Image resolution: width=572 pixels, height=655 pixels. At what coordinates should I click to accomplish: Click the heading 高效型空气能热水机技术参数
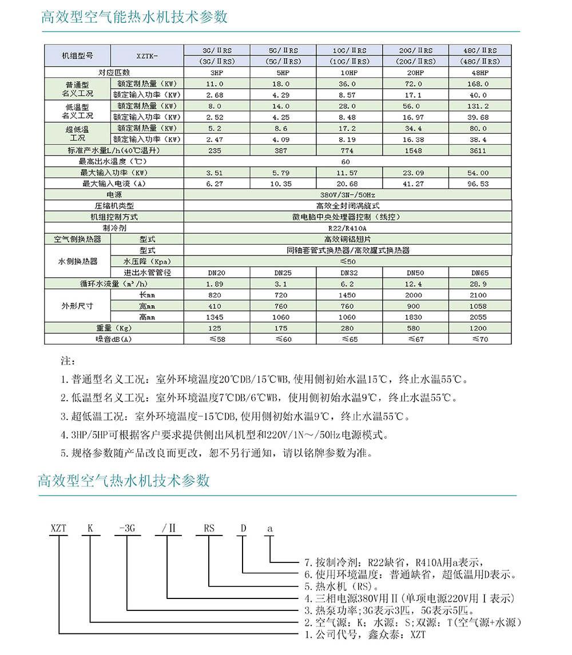pyautogui.click(x=134, y=17)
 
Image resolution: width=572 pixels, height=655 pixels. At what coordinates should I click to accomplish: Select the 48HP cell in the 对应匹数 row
pyautogui.click(x=479, y=73)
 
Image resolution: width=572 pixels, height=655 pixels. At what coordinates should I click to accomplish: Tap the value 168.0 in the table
pyautogui.click(x=479, y=83)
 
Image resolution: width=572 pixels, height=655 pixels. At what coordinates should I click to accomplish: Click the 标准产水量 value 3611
pyautogui.click(x=479, y=150)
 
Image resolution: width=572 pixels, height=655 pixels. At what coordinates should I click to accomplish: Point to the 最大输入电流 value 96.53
pyautogui.click(x=479, y=183)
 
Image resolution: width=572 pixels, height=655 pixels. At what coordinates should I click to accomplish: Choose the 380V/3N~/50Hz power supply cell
pyautogui.click(x=348, y=195)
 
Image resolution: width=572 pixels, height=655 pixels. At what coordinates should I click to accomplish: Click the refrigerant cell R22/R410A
pyautogui.click(x=348, y=228)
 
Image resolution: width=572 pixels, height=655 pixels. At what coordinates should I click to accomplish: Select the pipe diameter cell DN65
pyautogui.click(x=479, y=273)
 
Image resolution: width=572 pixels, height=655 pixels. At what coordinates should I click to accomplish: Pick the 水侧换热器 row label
pyautogui.click(x=77, y=261)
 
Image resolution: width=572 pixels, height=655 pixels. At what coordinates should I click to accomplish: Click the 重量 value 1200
pyautogui.click(x=479, y=328)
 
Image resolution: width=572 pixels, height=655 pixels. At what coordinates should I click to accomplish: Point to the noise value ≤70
pyautogui.click(x=479, y=340)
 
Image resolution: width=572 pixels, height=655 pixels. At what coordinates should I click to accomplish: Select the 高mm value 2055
pyautogui.click(x=479, y=317)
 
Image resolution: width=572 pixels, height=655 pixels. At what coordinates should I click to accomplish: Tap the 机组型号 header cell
pyautogui.click(x=77, y=56)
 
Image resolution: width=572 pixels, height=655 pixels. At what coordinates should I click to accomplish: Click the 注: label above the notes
pyautogui.click(x=67, y=362)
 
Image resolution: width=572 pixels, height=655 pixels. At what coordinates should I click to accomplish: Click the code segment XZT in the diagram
pyautogui.click(x=59, y=529)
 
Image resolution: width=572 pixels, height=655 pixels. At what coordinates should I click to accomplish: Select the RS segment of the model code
pyautogui.click(x=209, y=529)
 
